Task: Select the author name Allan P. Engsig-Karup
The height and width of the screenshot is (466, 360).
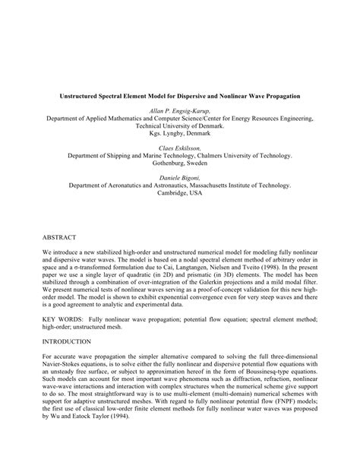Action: (x=179, y=111)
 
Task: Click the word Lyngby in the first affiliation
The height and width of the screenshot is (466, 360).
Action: (x=174, y=132)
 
